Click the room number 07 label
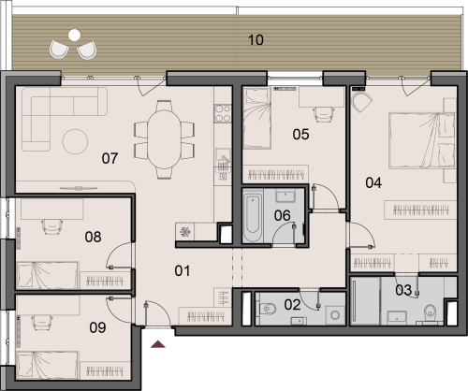110,158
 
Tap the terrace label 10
256,40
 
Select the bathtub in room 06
252,218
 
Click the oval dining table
164,139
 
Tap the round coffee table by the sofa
75,141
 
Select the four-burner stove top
223,113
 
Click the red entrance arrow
158,344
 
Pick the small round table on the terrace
75,36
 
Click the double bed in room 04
422,141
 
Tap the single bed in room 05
257,118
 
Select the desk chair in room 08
51,226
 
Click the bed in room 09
48,366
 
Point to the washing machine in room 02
335,315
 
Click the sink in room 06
285,196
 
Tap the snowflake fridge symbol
184,232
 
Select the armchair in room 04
362,101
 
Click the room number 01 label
183,271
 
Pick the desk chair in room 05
325,114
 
